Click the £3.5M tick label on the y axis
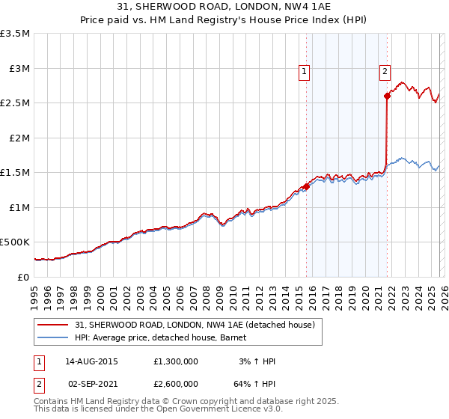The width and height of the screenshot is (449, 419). pos(15,34)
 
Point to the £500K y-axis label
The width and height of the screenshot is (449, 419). pos(15,242)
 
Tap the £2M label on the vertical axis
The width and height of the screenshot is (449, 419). pos(19,138)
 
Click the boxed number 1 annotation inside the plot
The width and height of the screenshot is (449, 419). pos(305,72)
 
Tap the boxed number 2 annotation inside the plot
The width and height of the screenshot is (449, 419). pos(385,72)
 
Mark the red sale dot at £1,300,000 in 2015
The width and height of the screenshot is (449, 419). pos(306,187)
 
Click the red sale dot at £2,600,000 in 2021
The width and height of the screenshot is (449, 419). pos(387,96)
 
